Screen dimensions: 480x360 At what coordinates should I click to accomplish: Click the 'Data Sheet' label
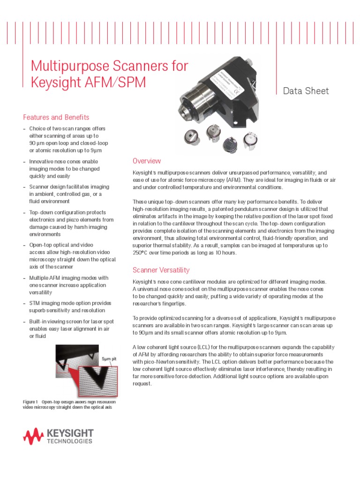pyautogui.click(x=306, y=91)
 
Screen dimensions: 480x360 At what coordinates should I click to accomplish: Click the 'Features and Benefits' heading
pyautogui.click(x=56, y=117)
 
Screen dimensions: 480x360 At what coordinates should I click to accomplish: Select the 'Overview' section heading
pyautogui.click(x=147, y=161)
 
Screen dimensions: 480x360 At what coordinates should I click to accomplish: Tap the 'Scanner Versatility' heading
pyautogui.click(x=161, y=270)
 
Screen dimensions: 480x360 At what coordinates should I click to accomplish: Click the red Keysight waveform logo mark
pyautogui.click(x=33, y=436)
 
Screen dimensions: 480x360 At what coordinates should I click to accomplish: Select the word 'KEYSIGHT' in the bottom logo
pyautogui.click(x=70, y=433)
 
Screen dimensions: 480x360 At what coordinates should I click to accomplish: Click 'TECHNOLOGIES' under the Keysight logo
pyautogui.click(x=70, y=442)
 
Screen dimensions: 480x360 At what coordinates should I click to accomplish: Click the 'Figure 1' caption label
pyautogui.click(x=30, y=402)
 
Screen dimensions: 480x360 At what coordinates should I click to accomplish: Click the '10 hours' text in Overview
pyautogui.click(x=225, y=253)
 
